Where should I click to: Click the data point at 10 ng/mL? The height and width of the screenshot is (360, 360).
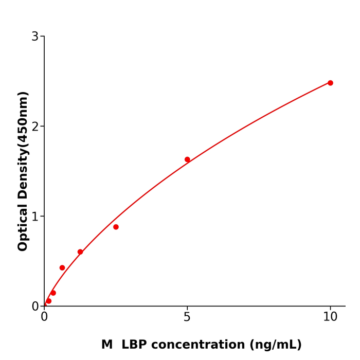(x=330, y=83)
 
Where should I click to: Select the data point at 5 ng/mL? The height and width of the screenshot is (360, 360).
(x=187, y=159)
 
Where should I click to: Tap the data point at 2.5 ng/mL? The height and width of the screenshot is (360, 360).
(x=116, y=227)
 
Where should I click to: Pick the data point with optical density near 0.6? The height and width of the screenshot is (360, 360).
(x=80, y=252)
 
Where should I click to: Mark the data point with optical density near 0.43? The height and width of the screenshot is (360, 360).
(x=62, y=267)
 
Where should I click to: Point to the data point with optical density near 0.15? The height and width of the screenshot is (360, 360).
(x=53, y=293)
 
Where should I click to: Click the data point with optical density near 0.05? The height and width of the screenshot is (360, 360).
(x=49, y=301)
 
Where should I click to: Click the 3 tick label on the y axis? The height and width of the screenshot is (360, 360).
(x=35, y=37)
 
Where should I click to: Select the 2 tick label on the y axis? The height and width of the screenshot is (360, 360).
(x=35, y=127)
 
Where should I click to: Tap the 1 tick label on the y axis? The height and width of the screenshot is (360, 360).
(x=35, y=217)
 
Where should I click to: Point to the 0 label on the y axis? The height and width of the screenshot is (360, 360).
(x=35, y=307)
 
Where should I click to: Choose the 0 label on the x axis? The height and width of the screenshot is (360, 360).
(x=44, y=317)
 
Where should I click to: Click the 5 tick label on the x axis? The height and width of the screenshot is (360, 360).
(x=187, y=317)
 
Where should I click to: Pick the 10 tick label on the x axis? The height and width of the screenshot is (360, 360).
(x=330, y=317)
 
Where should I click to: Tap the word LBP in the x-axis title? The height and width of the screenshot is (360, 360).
(x=134, y=345)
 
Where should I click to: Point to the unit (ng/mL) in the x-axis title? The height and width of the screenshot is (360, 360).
(x=275, y=345)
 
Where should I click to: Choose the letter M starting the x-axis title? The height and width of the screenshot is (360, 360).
(x=107, y=345)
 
